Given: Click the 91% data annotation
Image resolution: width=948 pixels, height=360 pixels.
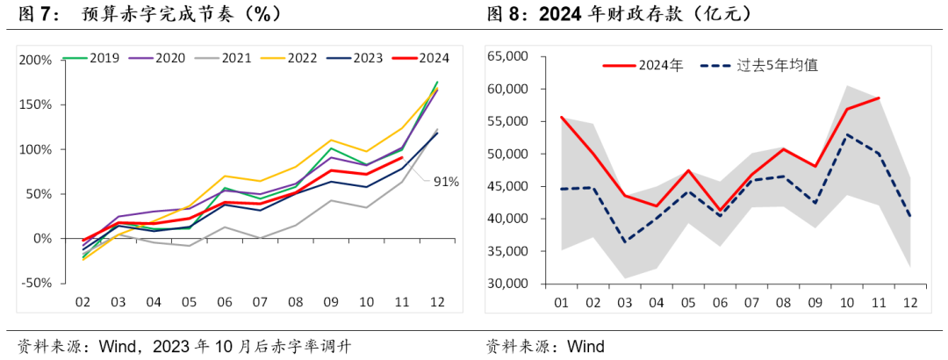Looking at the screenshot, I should [444, 182].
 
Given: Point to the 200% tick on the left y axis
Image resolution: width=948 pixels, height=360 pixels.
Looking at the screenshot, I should [34, 60].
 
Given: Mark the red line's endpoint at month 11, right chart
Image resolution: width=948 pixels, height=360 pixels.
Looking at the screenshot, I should [879, 98].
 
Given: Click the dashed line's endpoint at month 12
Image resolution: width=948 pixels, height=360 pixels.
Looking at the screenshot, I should [910, 216].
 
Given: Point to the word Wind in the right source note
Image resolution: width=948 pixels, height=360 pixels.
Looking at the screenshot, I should [584, 346].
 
